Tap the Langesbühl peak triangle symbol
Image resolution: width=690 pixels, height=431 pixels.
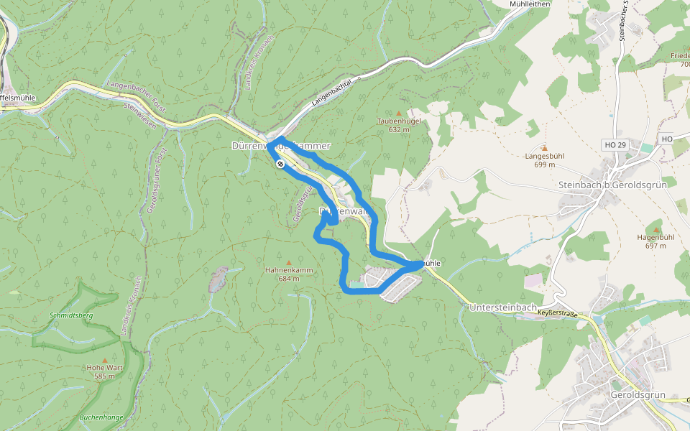pos(544,149)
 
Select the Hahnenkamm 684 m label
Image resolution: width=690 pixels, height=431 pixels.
pos(289,274)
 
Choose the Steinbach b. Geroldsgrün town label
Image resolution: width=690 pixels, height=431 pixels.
pos(612,185)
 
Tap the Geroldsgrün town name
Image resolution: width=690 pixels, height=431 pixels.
pos(637,396)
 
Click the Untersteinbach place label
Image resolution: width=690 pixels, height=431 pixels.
pos(503,307)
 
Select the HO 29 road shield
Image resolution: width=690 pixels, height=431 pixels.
pos(616,145)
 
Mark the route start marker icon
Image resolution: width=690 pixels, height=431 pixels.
pos(280,164)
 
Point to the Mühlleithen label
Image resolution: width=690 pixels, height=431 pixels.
pos(529,4)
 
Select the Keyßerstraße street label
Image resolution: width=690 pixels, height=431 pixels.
pos(558,314)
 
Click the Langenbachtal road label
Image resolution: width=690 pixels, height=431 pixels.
pos(335,93)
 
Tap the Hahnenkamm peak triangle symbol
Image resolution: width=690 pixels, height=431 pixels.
pos(289,262)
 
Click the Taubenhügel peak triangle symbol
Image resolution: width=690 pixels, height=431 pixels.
pos(399,113)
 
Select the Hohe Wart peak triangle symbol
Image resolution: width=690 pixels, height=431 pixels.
pos(105,360)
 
